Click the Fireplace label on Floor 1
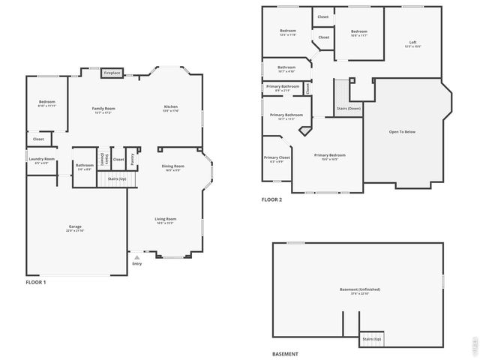(x=112, y=73)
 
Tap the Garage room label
(x=75, y=227)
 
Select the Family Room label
(x=103, y=109)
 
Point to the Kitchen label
(x=171, y=108)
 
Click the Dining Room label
(x=172, y=167)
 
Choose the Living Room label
(x=166, y=220)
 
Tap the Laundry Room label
(x=41, y=160)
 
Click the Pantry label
(x=133, y=158)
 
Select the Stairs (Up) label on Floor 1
(x=117, y=179)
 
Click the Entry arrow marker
(x=136, y=257)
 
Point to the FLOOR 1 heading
(x=36, y=283)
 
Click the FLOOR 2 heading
(x=271, y=199)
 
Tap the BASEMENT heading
(x=285, y=353)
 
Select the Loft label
(x=412, y=43)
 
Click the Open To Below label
(x=402, y=132)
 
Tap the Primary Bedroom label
(x=330, y=156)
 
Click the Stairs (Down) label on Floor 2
(x=348, y=109)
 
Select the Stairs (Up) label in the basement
(x=372, y=340)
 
